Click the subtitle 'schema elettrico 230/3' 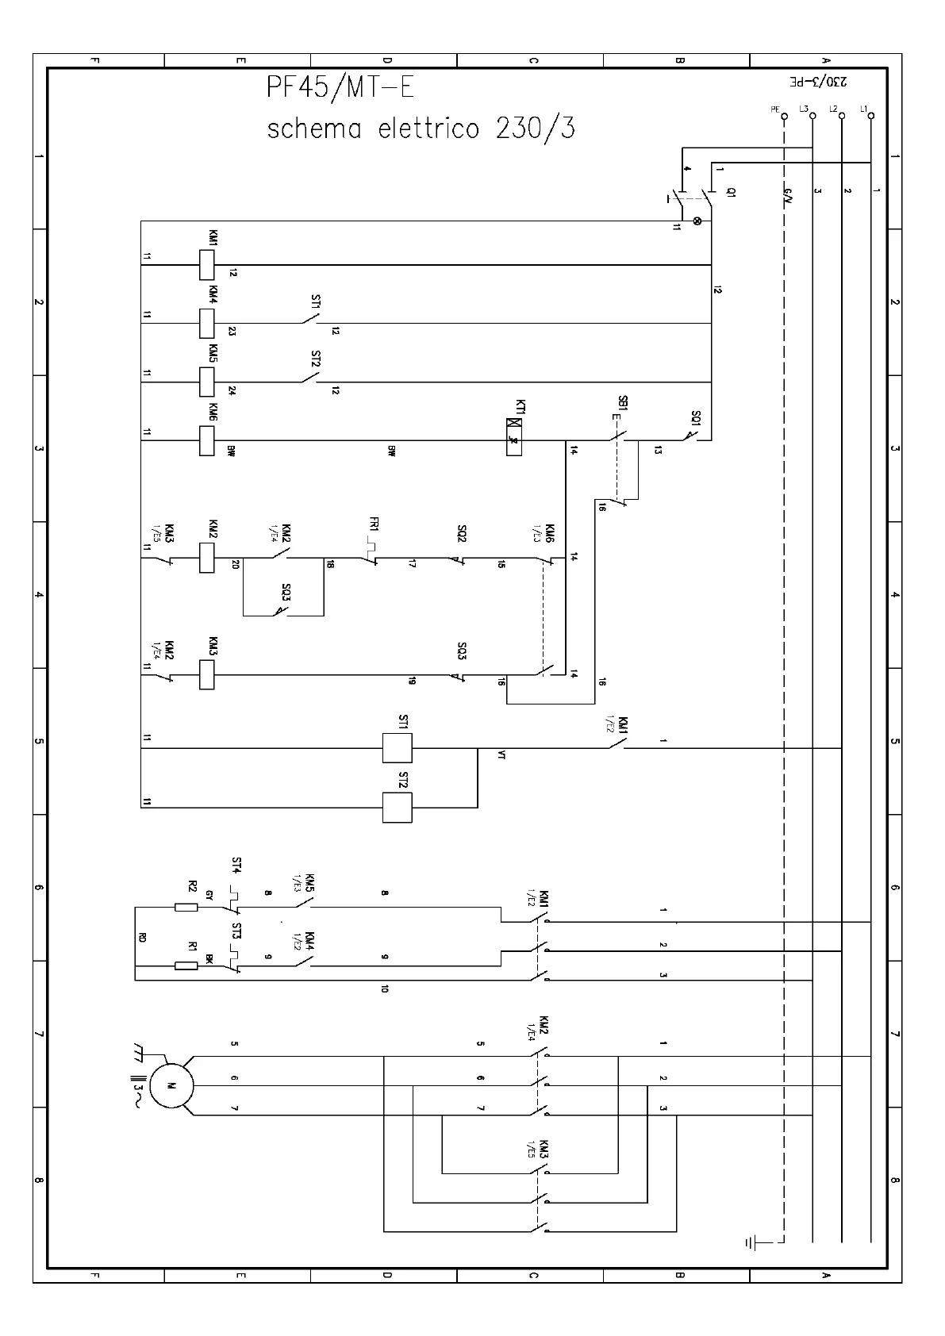[421, 129]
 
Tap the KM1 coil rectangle [206, 265]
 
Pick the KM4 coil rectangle [206, 323]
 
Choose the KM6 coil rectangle [206, 440]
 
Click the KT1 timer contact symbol [514, 436]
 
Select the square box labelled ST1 [397, 747]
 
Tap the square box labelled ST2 [397, 807]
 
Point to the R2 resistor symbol [186, 907]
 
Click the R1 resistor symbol [186, 966]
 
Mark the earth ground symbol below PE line [751, 1242]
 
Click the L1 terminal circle [871, 116]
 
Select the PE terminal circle [783, 116]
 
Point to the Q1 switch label [731, 192]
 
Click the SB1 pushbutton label [623, 403]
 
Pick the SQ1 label [696, 417]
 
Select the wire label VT [501, 755]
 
